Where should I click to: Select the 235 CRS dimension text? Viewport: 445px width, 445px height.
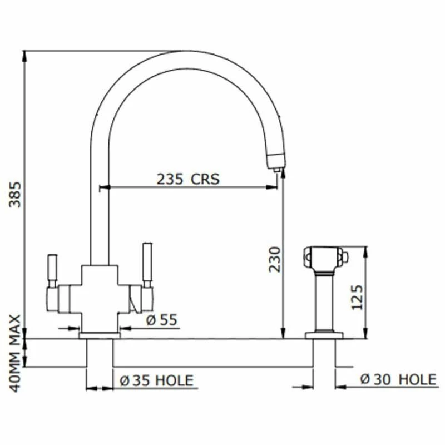188,179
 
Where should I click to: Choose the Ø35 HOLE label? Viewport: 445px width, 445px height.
157,380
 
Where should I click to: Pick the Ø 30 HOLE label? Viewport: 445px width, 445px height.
398,380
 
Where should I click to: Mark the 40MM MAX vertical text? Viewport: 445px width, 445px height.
16,353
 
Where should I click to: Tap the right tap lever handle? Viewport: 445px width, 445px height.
147,264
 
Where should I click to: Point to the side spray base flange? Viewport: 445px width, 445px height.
324,335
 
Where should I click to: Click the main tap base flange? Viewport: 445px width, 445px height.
100,335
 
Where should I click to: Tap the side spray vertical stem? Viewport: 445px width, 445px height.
324,300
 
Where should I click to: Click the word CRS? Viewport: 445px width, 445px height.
206,179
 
